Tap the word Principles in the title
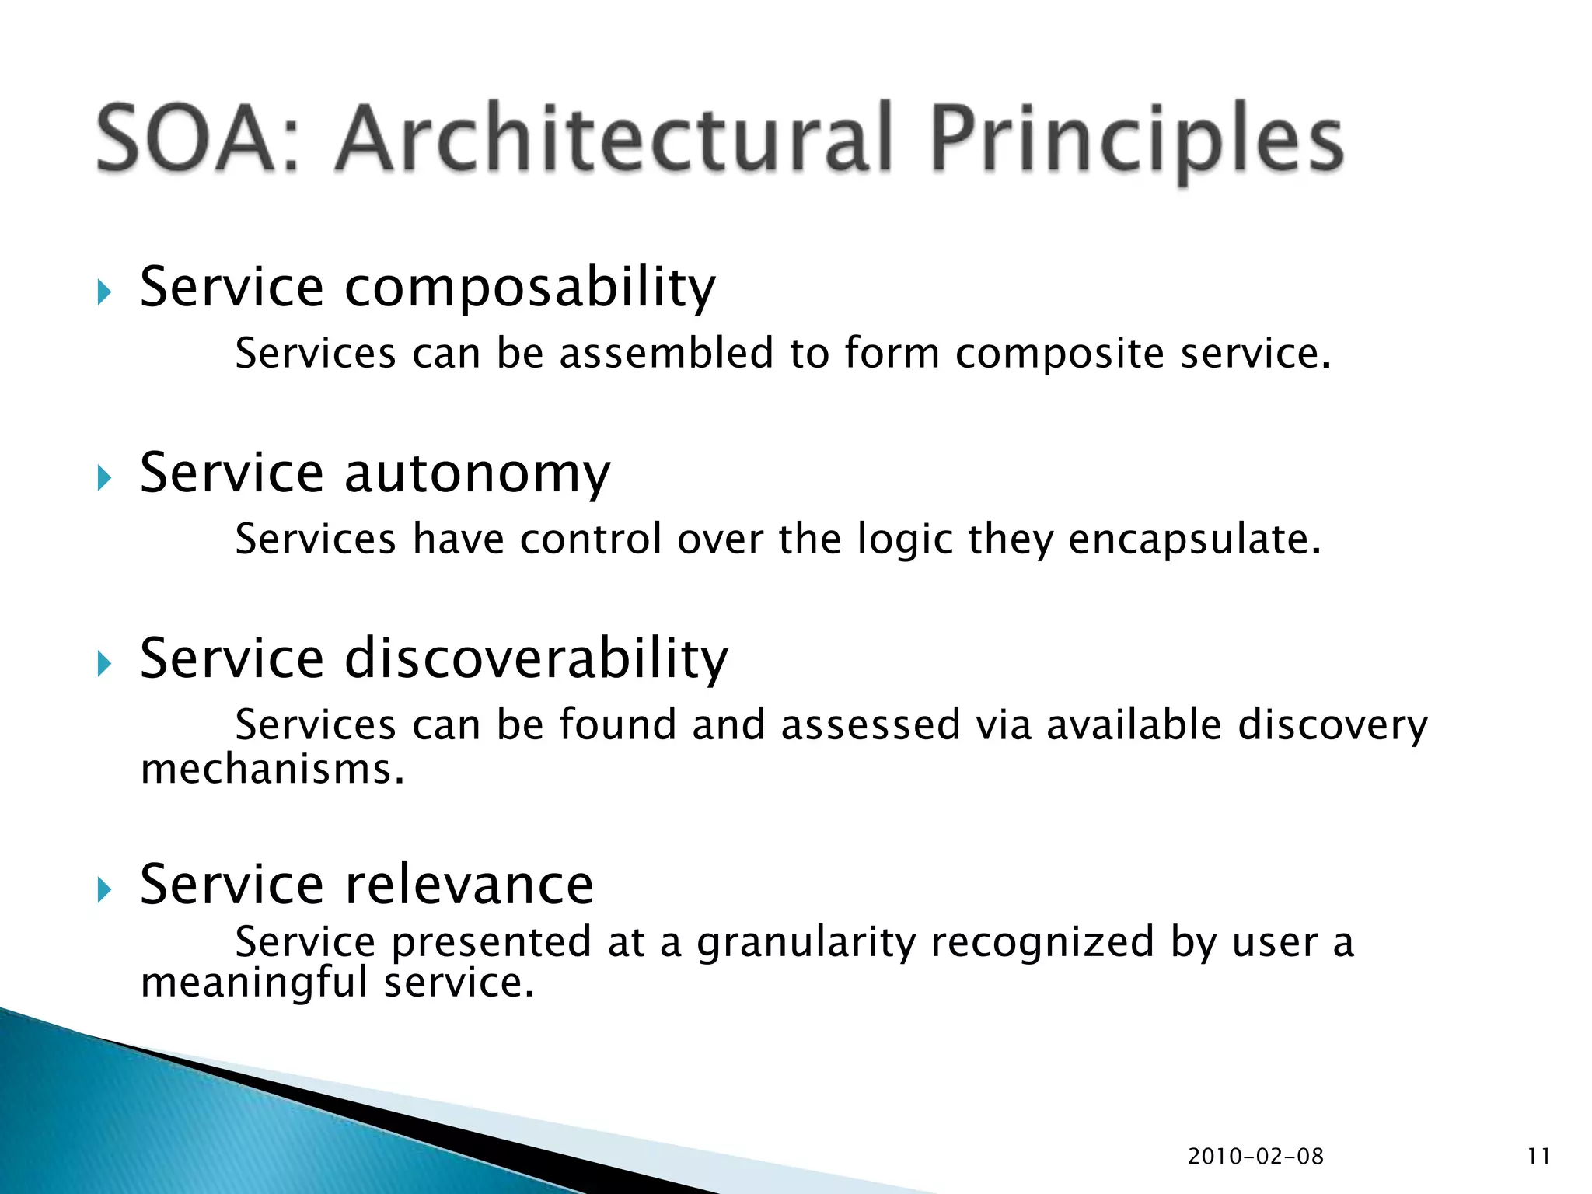click(x=1136, y=141)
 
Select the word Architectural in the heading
click(x=613, y=141)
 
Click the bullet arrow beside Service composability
click(x=105, y=293)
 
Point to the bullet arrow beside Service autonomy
click(x=105, y=478)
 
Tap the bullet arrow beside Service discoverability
click(x=105, y=664)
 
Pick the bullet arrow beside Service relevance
click(x=105, y=889)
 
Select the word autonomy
click(x=477, y=474)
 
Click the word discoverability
click(x=536, y=658)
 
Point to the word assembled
click(x=666, y=354)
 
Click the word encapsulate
click(x=1194, y=539)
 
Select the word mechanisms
click(x=272, y=770)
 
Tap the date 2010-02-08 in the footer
click(x=1255, y=1157)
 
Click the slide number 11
click(x=1538, y=1157)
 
